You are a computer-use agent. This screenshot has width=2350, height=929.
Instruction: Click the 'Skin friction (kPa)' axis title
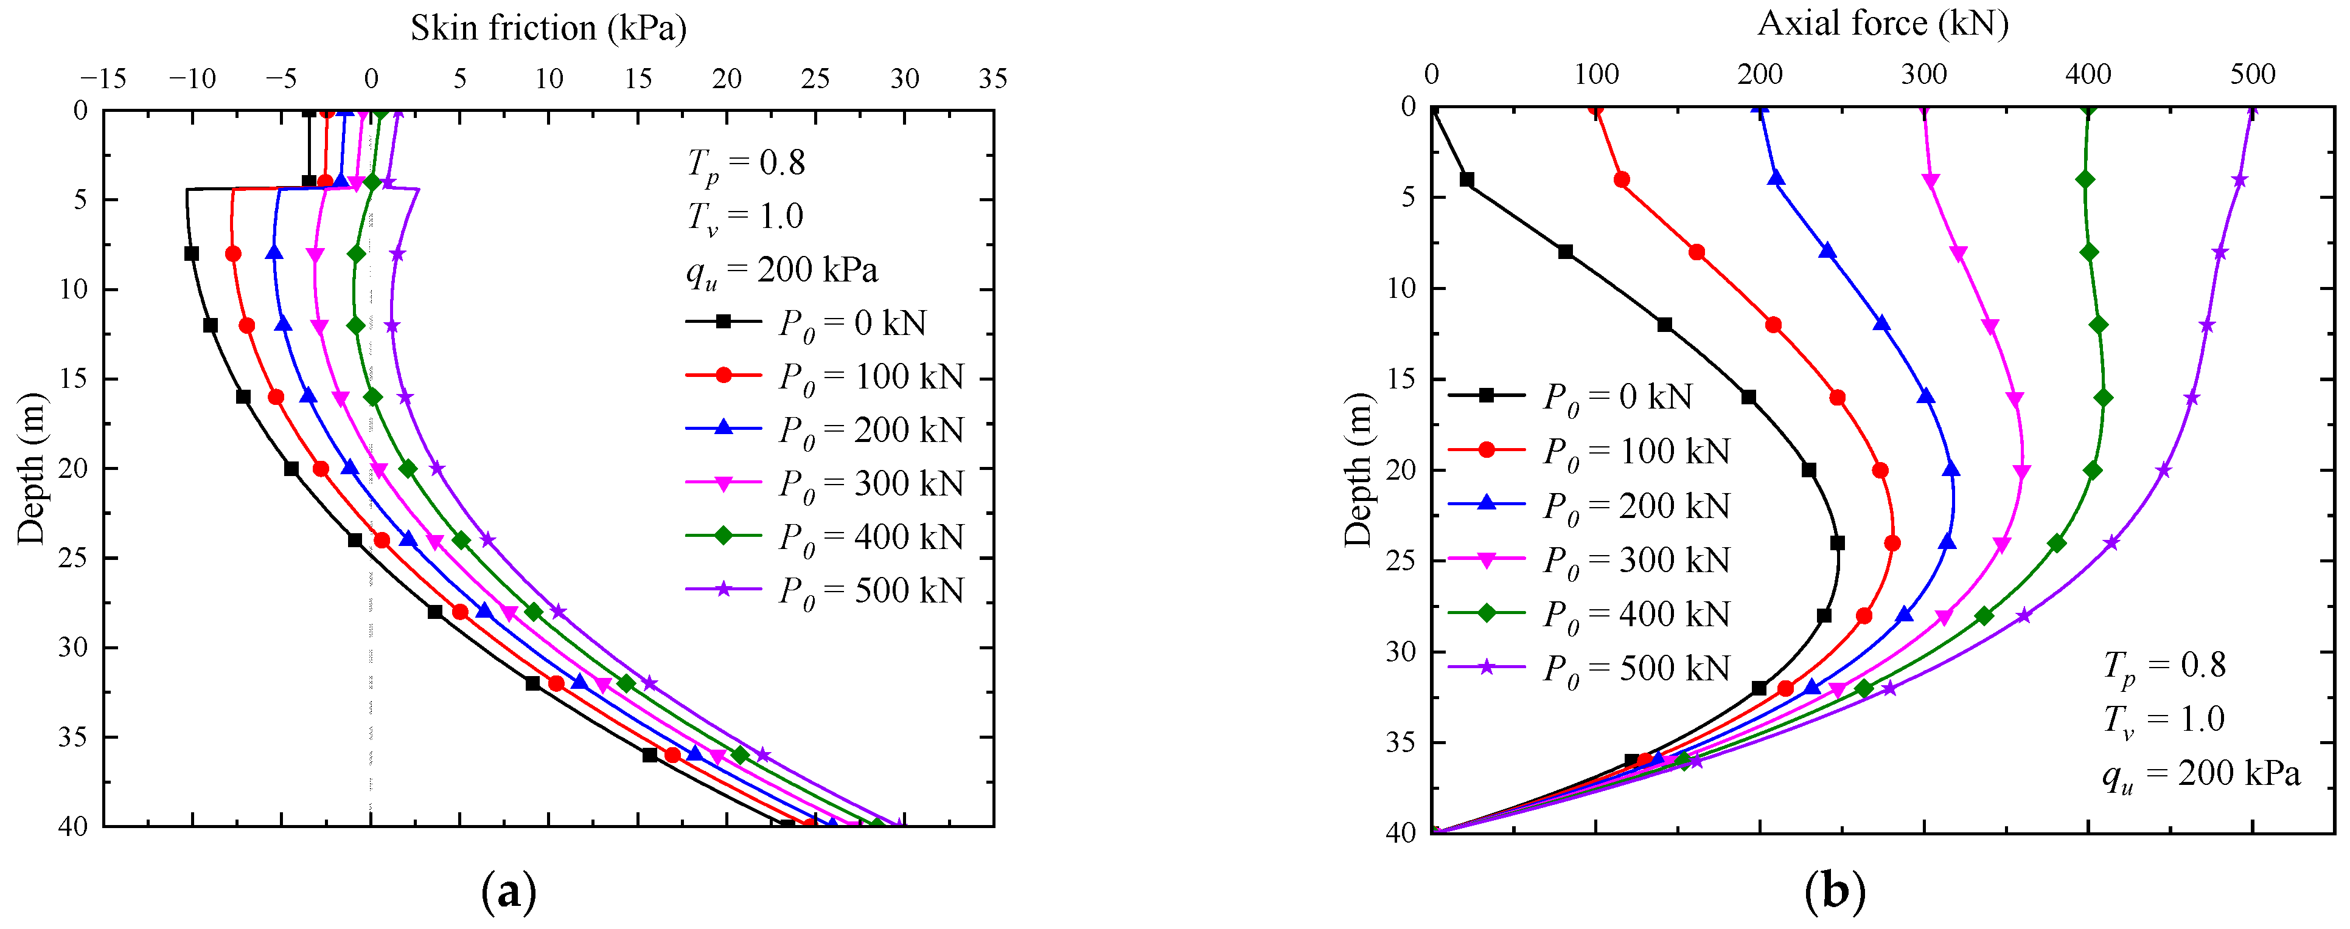point(548,28)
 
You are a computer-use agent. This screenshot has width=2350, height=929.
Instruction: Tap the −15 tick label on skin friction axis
point(102,79)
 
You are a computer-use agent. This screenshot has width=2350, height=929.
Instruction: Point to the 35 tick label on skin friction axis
point(992,79)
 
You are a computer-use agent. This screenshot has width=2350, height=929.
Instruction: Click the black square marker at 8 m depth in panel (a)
point(192,254)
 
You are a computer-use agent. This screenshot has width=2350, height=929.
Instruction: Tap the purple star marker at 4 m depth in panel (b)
point(2239,179)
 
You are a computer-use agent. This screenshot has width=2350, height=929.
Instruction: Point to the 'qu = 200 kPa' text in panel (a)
point(782,270)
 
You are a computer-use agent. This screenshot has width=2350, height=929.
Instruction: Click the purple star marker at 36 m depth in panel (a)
point(762,755)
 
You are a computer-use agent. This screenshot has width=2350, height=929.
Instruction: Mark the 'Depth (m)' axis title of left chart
point(31,469)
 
